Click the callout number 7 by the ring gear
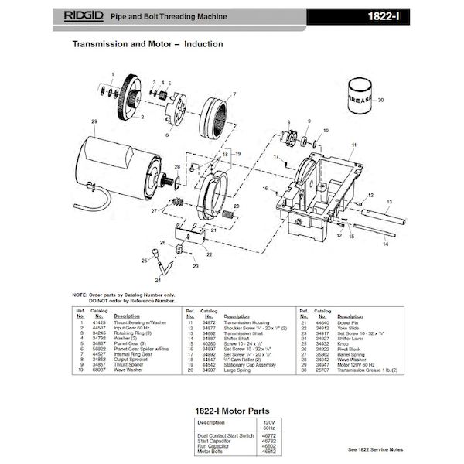tap(234, 94)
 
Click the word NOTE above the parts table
tap(80, 295)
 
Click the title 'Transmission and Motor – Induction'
tap(148, 44)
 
